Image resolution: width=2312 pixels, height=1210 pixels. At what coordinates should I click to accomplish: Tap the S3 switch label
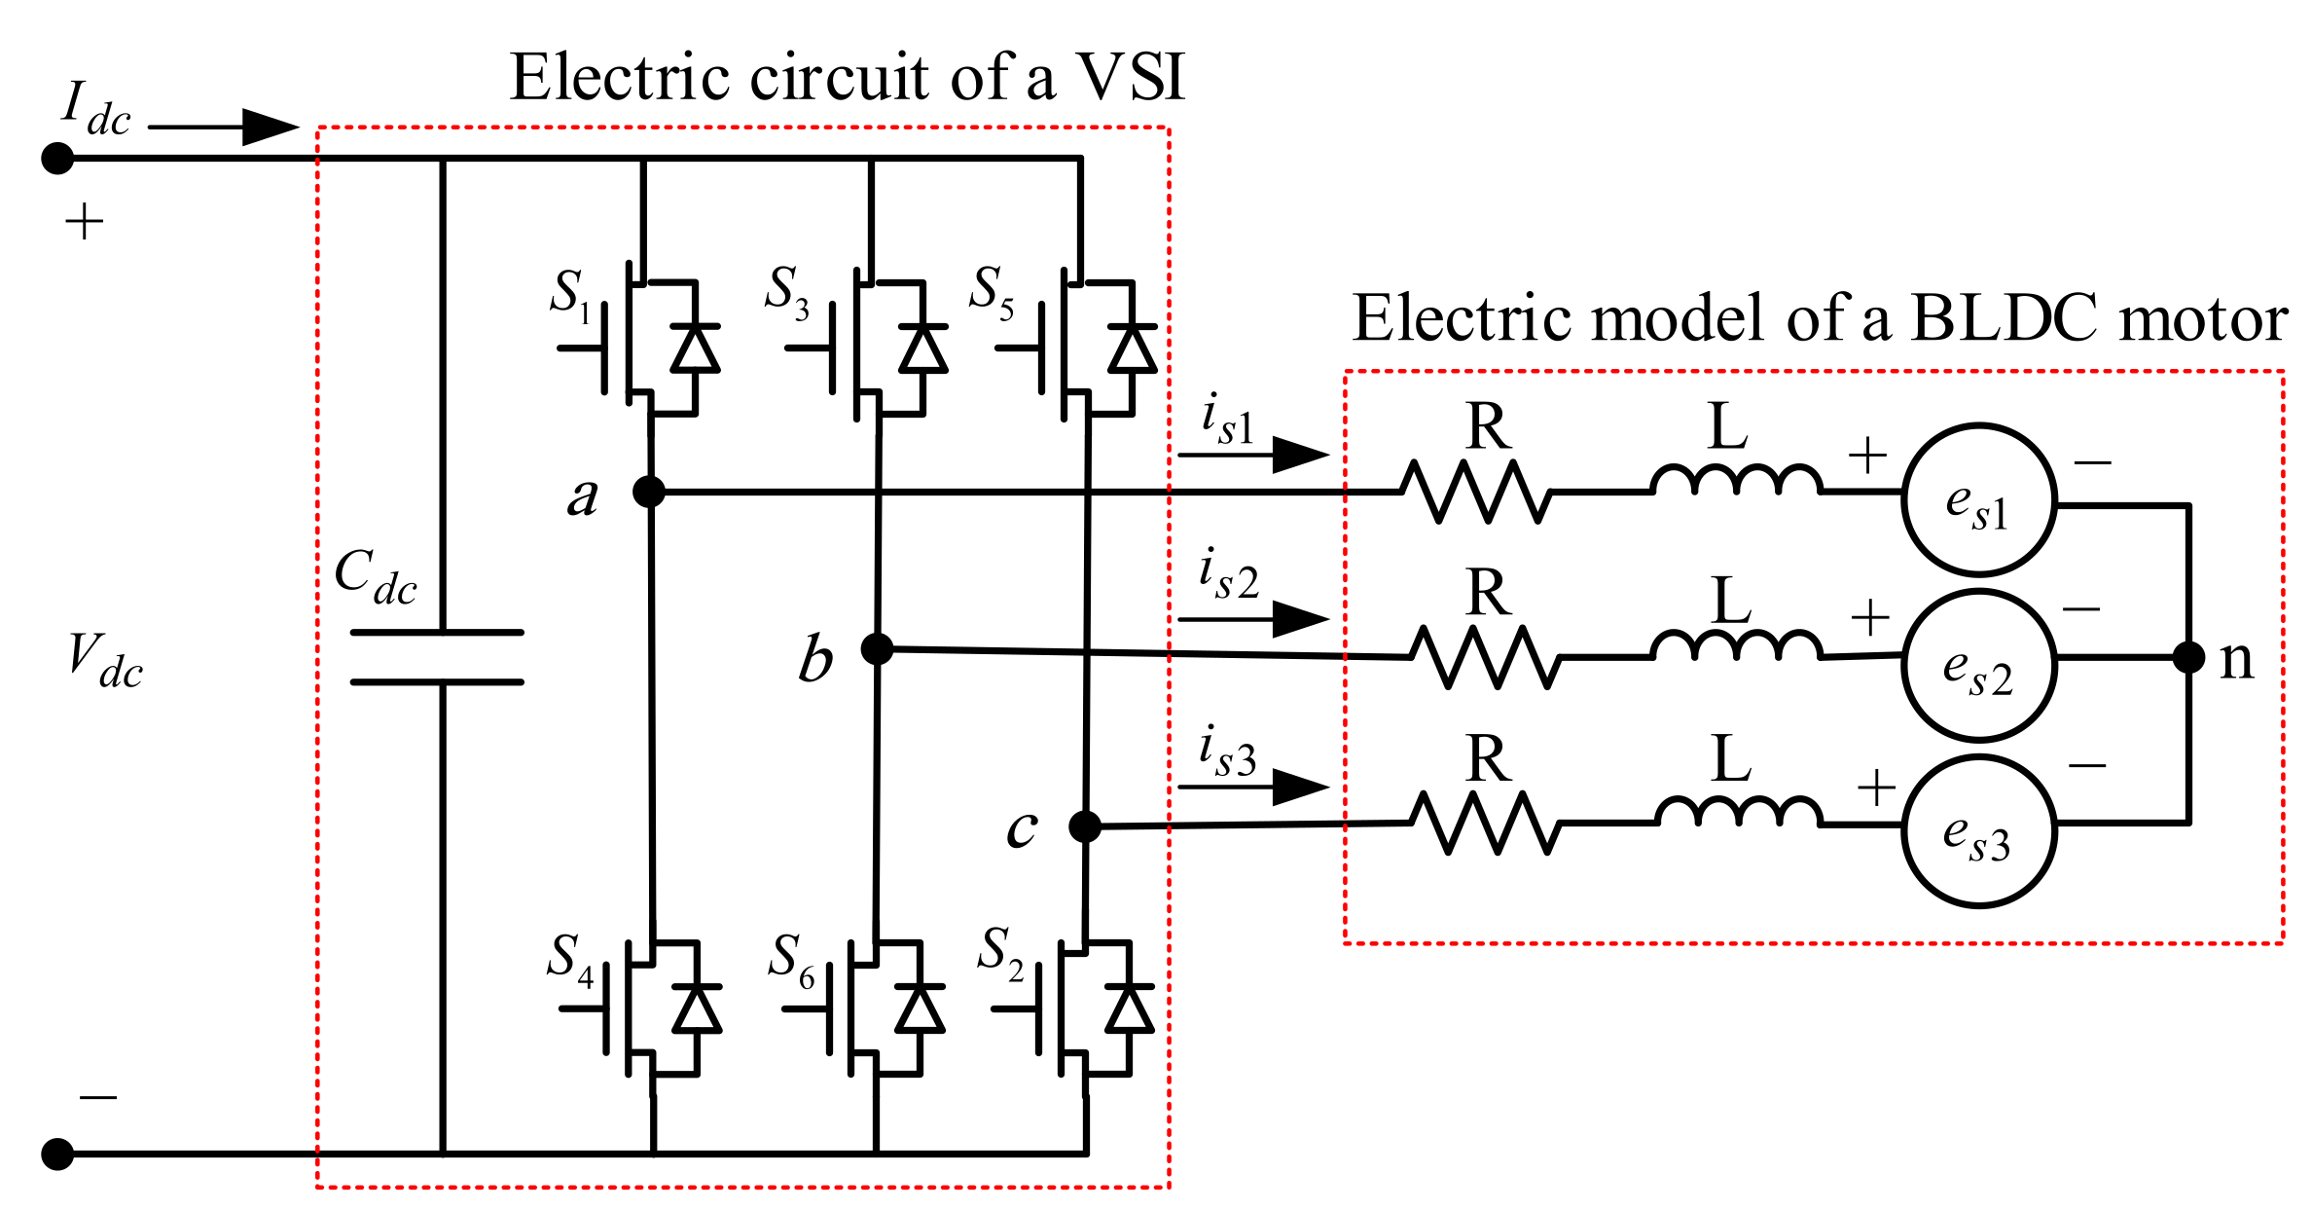coord(786,291)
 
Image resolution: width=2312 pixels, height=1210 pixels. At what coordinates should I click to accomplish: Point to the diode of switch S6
coord(919,1009)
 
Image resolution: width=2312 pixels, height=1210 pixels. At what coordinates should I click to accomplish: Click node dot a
coord(649,492)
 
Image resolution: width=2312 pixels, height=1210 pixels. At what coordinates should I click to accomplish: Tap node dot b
coord(877,648)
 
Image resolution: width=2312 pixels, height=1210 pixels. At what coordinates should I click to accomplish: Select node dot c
coord(1084,826)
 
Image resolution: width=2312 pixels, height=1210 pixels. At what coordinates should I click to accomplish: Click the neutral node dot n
coord(2188,658)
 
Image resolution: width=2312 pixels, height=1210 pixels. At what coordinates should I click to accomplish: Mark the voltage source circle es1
coord(1979,500)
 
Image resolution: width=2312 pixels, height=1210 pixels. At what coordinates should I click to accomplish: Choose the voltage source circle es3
coord(1979,831)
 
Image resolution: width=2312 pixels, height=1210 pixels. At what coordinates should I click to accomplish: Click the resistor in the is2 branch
coord(1485,658)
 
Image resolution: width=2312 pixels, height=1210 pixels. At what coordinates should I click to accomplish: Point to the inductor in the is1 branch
coord(1736,480)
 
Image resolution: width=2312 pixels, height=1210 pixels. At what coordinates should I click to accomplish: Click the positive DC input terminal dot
coord(57,158)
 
